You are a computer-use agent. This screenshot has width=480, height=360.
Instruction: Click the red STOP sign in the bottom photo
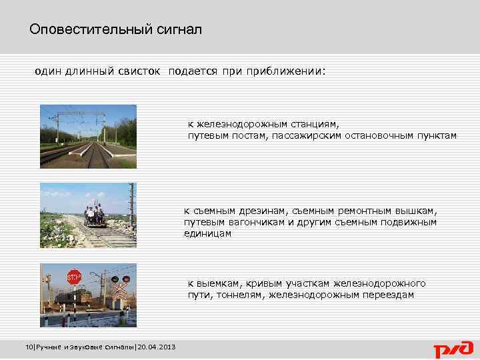(x=73, y=275)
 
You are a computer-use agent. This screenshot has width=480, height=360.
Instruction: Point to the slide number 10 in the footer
(x=27, y=347)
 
